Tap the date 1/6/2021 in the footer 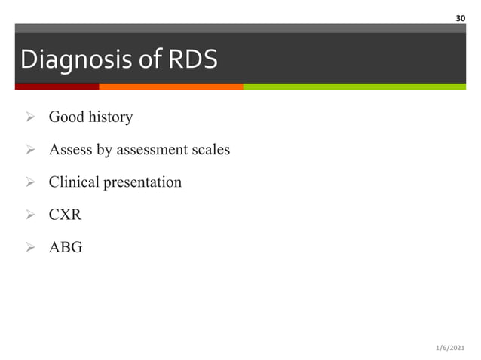451,347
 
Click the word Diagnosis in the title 68,59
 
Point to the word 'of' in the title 140,59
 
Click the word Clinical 74,182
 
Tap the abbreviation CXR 66,215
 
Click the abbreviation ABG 66,247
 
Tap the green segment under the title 354,87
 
